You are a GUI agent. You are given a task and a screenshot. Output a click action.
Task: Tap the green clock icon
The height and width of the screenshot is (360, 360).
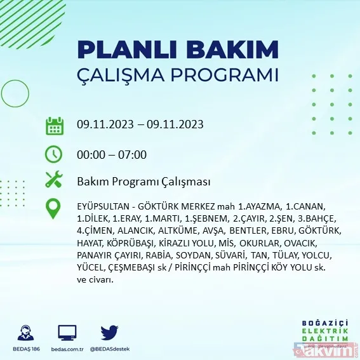pos(54,154)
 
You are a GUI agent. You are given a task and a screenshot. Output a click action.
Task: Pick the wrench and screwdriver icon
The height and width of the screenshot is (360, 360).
pos(54,181)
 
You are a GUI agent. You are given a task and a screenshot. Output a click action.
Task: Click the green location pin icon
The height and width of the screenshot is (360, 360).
pos(54,209)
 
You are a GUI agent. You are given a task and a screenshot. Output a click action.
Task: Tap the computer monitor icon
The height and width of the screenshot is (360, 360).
pos(67,332)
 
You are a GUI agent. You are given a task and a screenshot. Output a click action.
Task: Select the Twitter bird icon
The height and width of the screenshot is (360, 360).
pos(109,332)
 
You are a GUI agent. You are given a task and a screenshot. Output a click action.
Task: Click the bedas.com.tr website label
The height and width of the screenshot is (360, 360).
pos(67,349)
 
